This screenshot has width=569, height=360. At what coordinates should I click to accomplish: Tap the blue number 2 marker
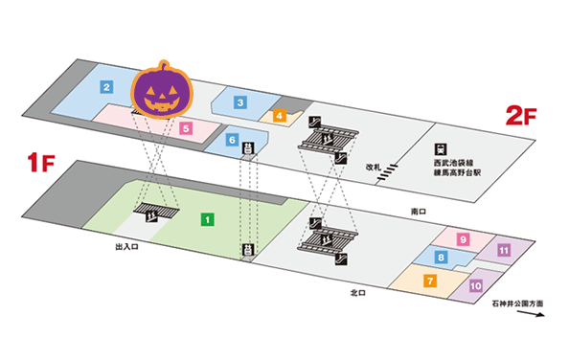coord(107,87)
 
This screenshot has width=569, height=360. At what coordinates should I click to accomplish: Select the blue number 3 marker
coord(241,102)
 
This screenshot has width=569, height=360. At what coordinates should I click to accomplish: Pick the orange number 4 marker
coord(280,117)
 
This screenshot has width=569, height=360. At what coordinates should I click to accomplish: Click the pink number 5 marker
coord(187,127)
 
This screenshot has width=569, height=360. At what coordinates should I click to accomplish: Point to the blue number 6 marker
coord(232,140)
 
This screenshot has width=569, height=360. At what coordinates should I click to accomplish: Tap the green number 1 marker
coord(206,219)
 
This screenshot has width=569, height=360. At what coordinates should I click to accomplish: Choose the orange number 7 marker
coord(430,281)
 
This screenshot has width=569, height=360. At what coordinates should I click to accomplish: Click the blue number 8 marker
coord(441,257)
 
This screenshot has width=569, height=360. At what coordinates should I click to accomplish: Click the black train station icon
coord(440,148)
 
